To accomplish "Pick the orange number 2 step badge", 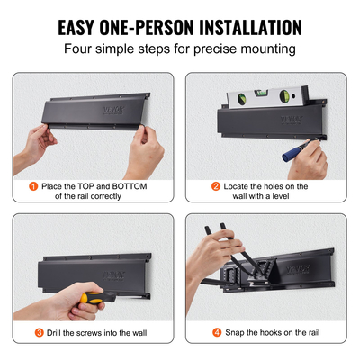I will click(x=216, y=186).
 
